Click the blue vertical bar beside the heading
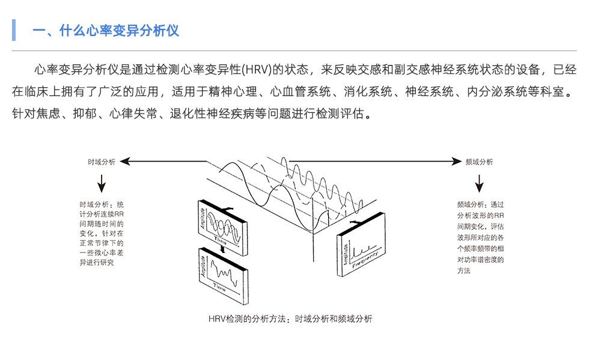[x=13, y=30]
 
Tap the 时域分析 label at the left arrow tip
[x=101, y=162]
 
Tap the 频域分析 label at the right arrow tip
[x=479, y=162]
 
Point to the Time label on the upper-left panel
[x=221, y=239]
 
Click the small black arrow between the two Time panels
[x=222, y=247]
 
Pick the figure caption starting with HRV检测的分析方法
[x=290, y=319]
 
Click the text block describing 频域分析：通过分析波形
[x=480, y=237]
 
